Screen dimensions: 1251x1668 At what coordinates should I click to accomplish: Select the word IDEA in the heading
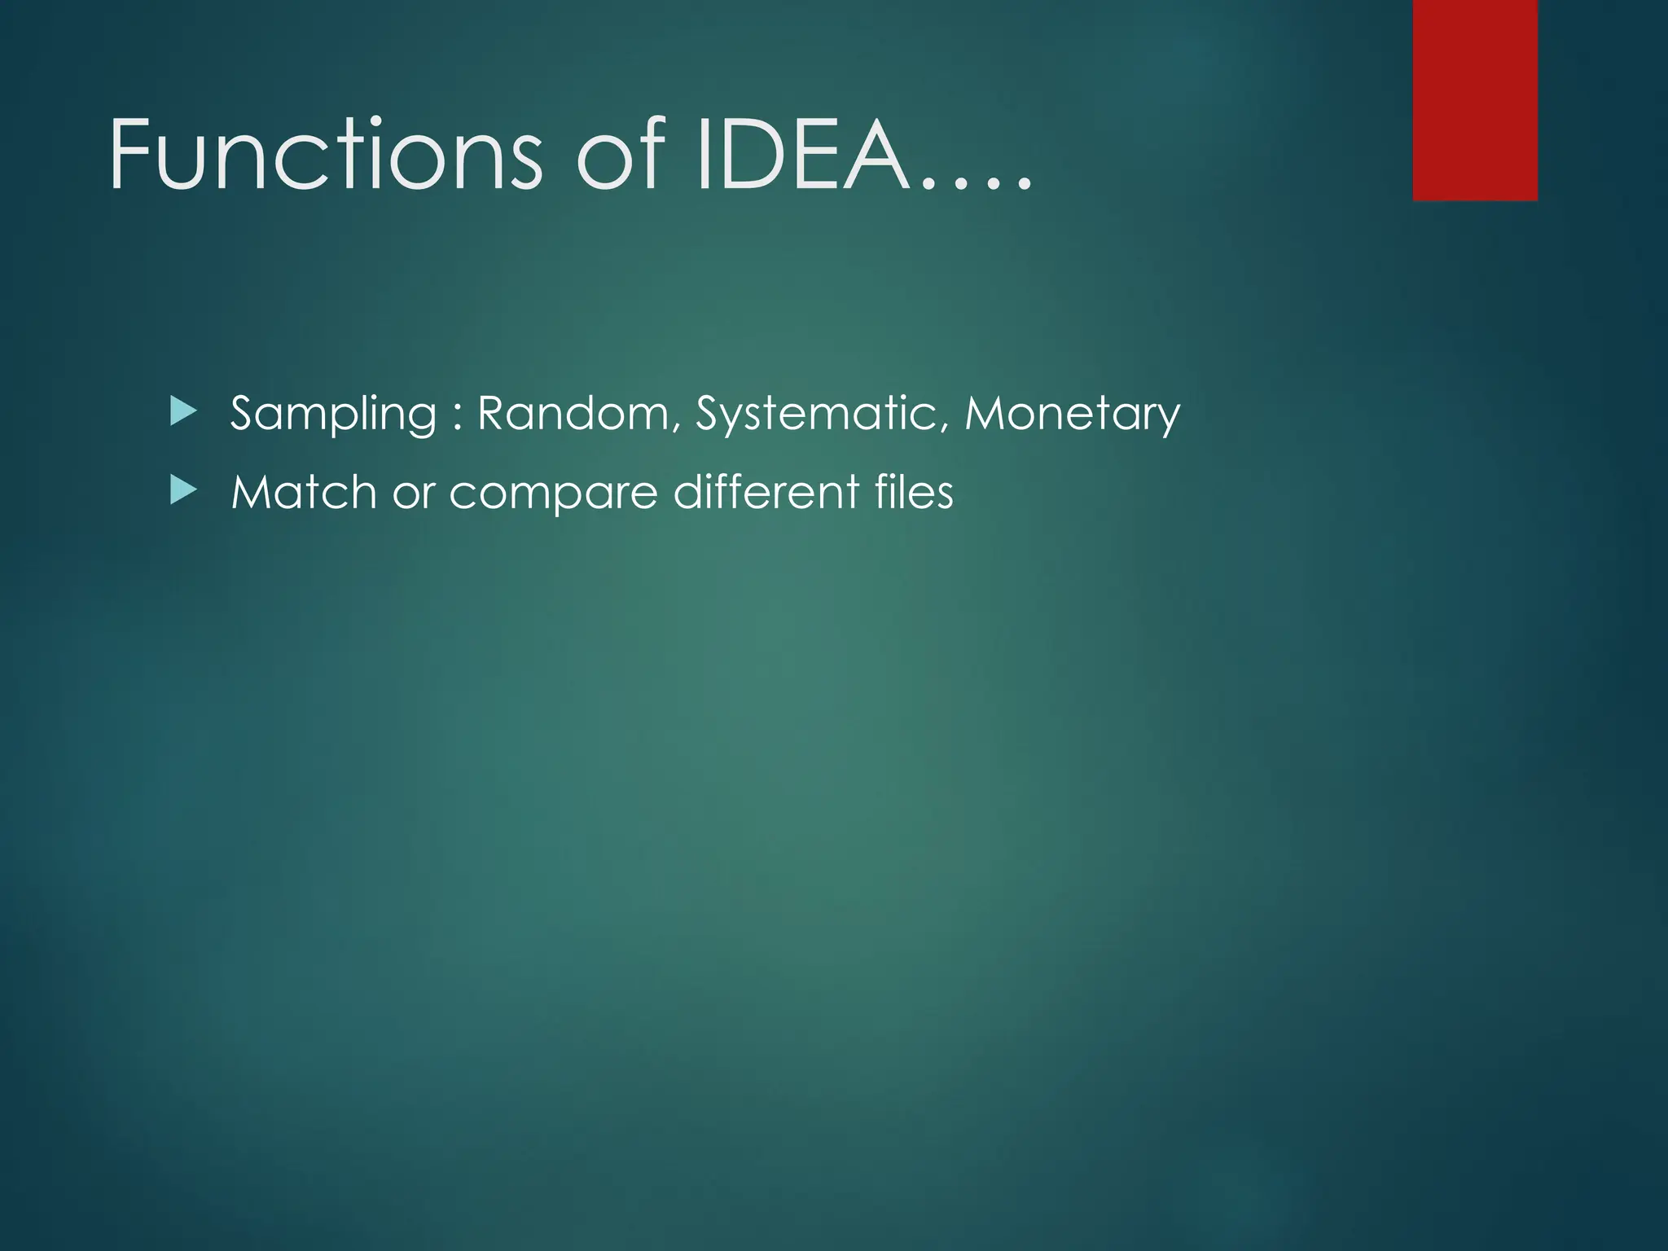point(802,155)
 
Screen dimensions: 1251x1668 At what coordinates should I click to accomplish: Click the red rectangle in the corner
point(1475,99)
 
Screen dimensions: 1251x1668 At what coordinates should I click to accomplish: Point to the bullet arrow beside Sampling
point(183,411)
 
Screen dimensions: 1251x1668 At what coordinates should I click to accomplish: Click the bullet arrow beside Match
point(183,490)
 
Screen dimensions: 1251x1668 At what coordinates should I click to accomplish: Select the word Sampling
point(334,414)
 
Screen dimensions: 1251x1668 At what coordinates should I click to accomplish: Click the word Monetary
point(1072,414)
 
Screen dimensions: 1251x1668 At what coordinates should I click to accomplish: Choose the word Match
point(304,492)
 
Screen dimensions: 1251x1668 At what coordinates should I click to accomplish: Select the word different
point(766,492)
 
